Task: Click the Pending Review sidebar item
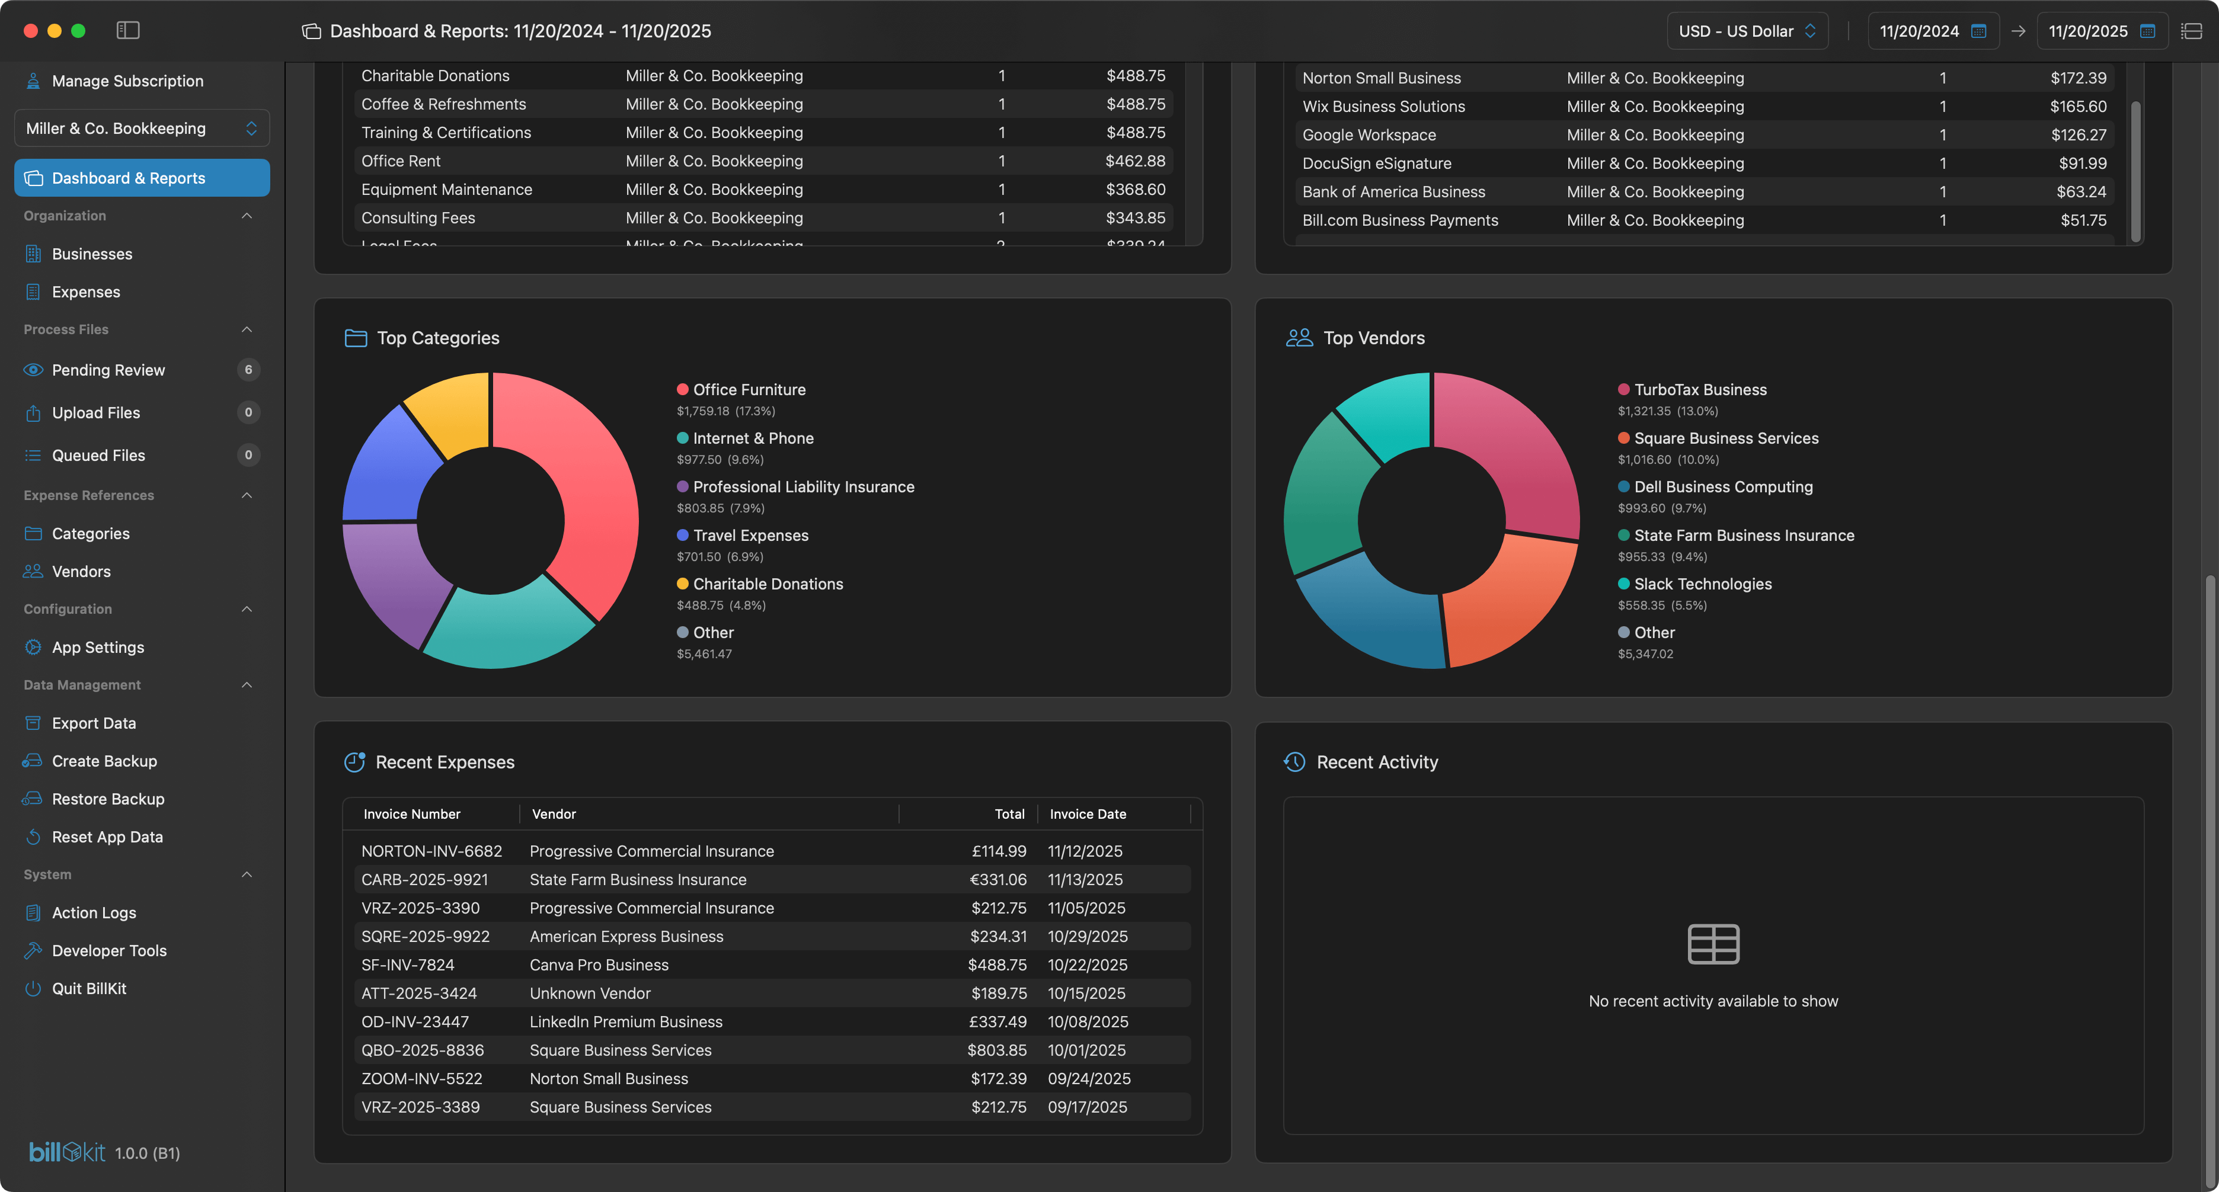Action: (108, 370)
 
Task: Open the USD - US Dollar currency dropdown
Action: (1746, 31)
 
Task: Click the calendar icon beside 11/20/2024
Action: (1978, 31)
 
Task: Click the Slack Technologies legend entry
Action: (1702, 584)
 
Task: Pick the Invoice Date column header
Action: (1087, 814)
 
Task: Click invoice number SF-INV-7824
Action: (407, 965)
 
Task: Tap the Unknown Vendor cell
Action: (590, 993)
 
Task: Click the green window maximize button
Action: (78, 31)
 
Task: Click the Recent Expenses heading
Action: (445, 762)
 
